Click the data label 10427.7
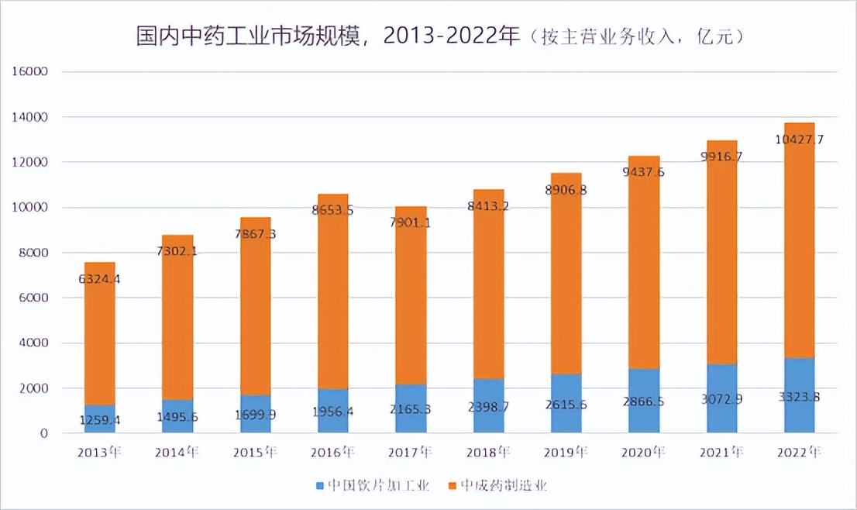pos(799,140)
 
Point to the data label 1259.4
pos(101,420)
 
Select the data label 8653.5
pos(333,210)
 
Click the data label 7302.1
pos(178,251)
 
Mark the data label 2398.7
pos(488,406)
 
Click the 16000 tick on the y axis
pos(31,72)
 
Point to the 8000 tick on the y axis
pos(34,253)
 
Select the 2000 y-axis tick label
pos(34,388)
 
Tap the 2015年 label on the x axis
pos(255,452)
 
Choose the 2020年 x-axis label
pos(643,452)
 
